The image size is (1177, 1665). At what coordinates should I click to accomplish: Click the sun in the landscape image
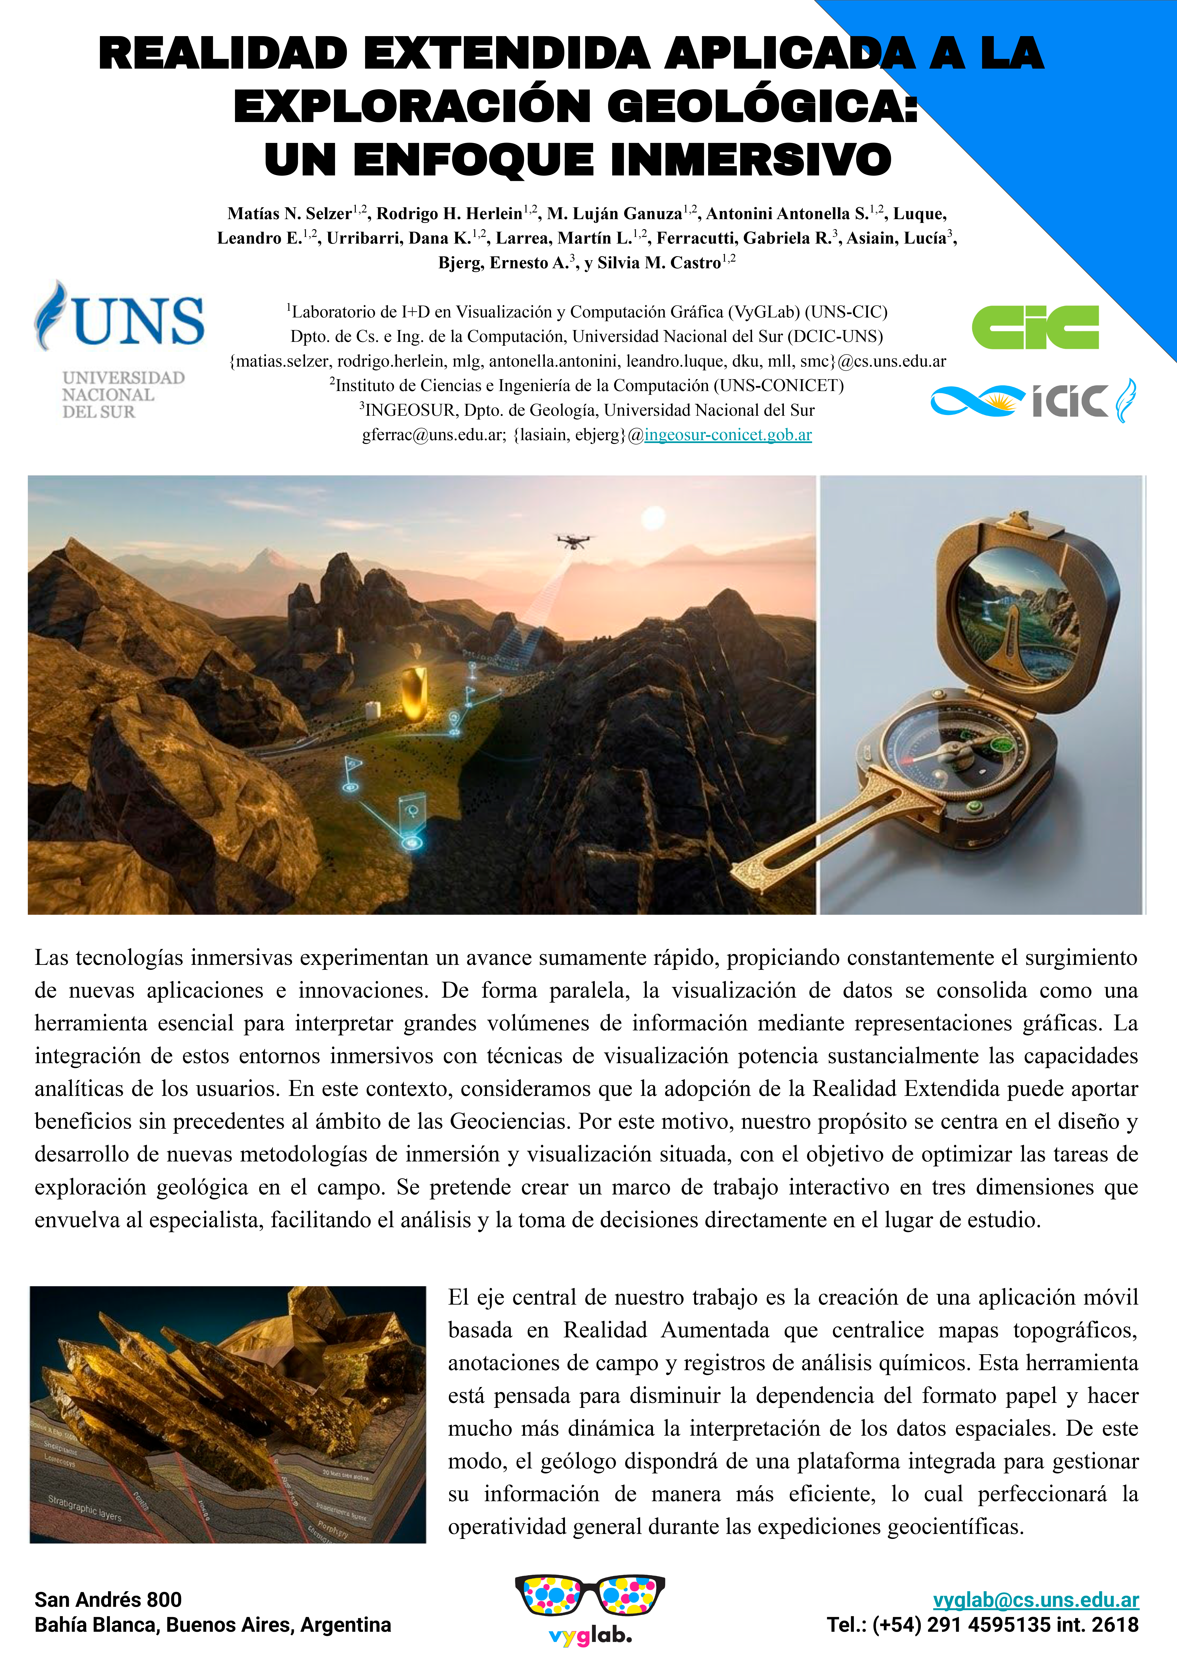(x=653, y=518)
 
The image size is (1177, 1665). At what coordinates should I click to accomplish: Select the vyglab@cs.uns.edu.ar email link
(x=1036, y=1600)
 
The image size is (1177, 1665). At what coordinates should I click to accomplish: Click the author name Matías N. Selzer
(x=289, y=213)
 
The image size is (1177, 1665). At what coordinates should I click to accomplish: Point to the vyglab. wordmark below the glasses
(x=590, y=1636)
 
